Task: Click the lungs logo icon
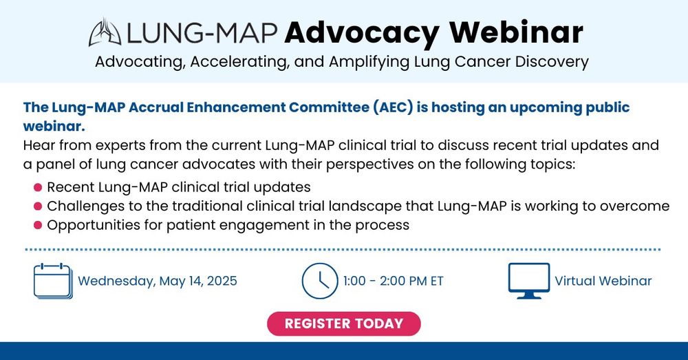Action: click(105, 32)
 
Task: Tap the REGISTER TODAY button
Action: click(344, 324)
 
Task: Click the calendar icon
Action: click(53, 281)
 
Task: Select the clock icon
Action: click(320, 281)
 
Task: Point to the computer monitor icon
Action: click(528, 281)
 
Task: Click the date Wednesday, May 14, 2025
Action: click(158, 281)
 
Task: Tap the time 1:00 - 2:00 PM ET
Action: click(394, 281)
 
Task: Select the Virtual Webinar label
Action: click(603, 281)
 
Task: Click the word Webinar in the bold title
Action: click(517, 32)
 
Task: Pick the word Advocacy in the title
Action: click(362, 33)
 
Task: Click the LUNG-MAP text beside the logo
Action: click(202, 33)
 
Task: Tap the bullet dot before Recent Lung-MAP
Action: click(38, 187)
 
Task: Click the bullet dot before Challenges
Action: click(38, 206)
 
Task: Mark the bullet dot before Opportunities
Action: click(38, 225)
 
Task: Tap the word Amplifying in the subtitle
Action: click(369, 62)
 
